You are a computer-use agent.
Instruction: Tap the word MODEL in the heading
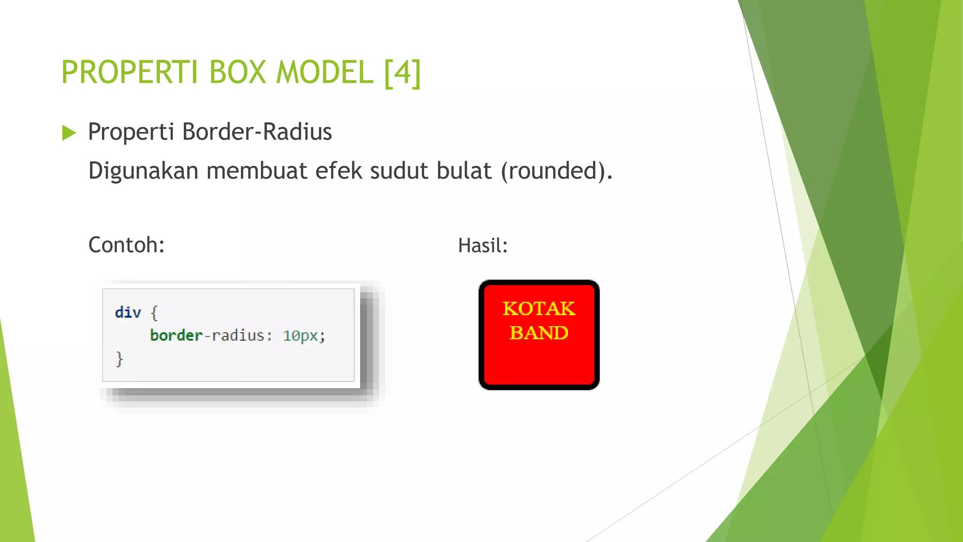[x=324, y=72]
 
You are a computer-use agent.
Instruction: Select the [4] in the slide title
[x=403, y=72]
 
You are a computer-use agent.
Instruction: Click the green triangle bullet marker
[x=69, y=133]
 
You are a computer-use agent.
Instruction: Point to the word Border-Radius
[x=257, y=132]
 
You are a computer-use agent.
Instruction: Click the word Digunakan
[x=143, y=171]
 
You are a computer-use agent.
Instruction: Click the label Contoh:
[x=126, y=245]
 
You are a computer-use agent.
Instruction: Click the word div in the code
[x=127, y=312]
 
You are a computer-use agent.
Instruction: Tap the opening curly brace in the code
[x=154, y=313]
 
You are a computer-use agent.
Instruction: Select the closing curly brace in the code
[x=119, y=359]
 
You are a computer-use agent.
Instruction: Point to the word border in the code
[x=176, y=335]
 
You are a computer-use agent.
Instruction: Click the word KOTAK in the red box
[x=539, y=309]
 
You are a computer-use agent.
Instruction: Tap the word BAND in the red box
[x=539, y=333]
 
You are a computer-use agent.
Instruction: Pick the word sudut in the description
[x=399, y=171]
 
